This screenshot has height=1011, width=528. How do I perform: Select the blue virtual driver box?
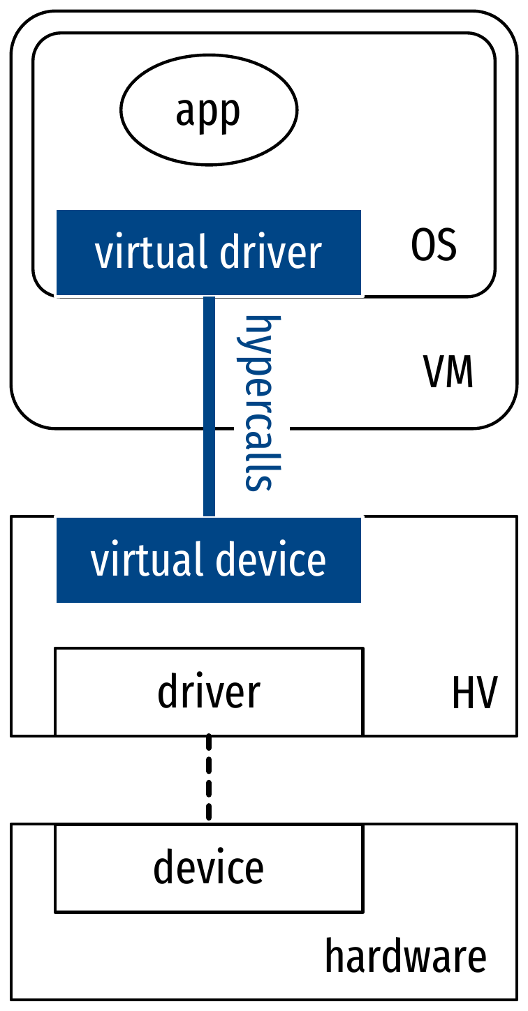click(x=209, y=253)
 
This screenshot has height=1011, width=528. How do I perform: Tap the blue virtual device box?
click(x=209, y=560)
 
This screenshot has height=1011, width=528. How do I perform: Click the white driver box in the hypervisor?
click(x=209, y=691)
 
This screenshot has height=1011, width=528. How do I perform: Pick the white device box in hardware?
click(x=209, y=868)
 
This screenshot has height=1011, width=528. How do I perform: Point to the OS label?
click(x=434, y=246)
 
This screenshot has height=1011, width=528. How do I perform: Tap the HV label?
click(x=474, y=694)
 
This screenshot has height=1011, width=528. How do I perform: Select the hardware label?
click(x=406, y=957)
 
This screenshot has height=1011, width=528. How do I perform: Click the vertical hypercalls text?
click(x=258, y=403)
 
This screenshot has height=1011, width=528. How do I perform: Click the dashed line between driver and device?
click(x=209, y=778)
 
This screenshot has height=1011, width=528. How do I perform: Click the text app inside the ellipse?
click(x=208, y=112)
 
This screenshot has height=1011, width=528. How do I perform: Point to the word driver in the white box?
click(x=209, y=691)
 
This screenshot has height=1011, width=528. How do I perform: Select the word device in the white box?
click(x=209, y=868)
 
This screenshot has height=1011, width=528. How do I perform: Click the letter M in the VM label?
click(x=460, y=373)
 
